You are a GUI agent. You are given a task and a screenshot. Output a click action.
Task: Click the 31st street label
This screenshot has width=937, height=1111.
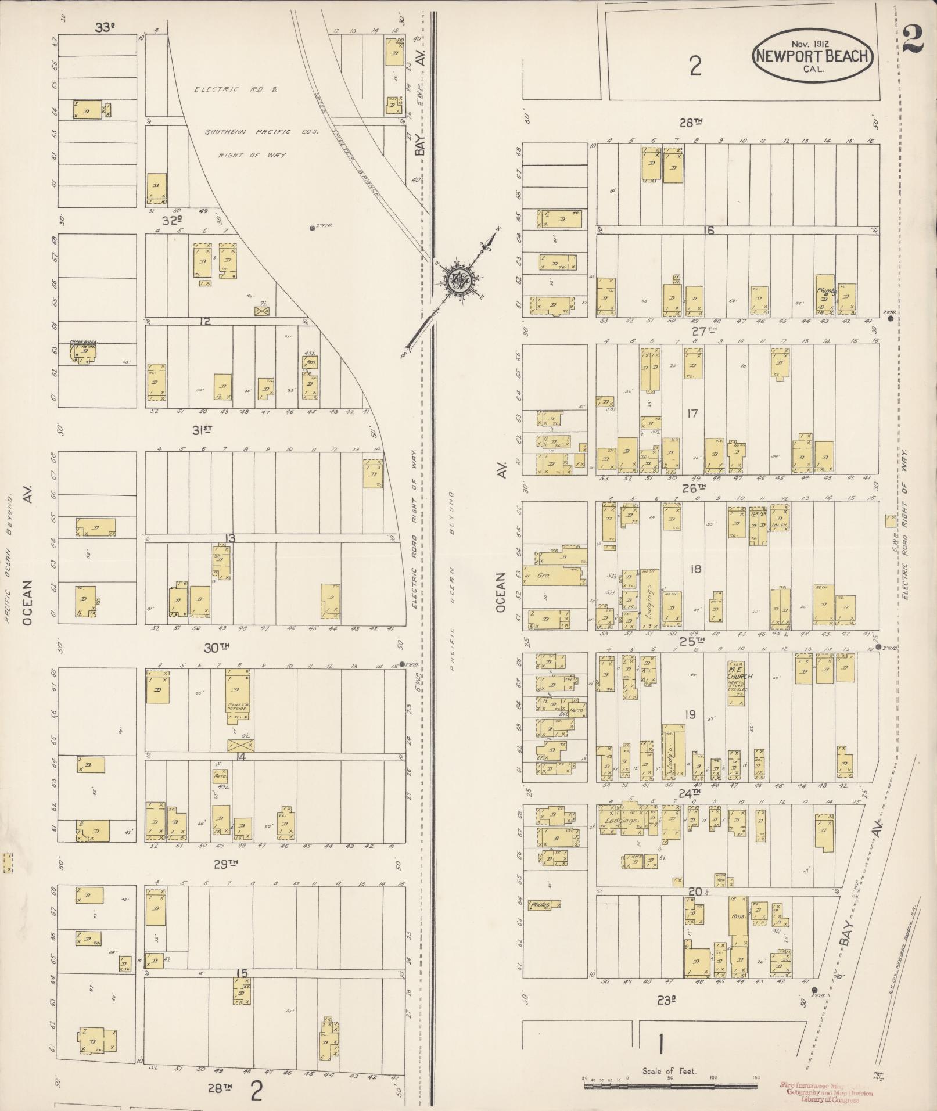[200, 430]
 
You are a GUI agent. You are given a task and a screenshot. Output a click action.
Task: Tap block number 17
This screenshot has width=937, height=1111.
[691, 414]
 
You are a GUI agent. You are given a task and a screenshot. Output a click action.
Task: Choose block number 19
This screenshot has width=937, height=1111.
[689, 715]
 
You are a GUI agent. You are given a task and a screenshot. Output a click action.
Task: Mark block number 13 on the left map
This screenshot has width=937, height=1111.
[230, 539]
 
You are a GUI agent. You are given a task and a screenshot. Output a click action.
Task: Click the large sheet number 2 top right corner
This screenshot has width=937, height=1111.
[914, 41]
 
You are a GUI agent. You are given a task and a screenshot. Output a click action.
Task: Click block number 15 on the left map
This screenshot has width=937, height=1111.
[242, 973]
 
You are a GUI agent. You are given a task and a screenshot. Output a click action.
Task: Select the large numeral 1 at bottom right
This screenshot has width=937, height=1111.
[660, 1045]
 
